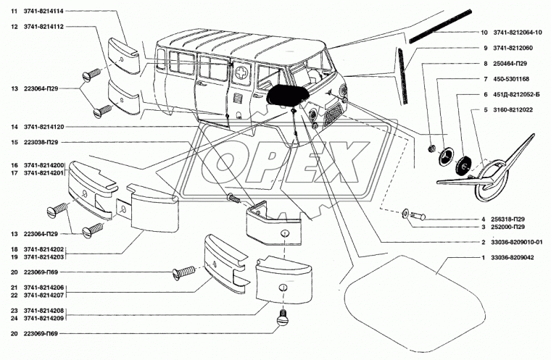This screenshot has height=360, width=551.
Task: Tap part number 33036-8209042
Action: click(x=512, y=259)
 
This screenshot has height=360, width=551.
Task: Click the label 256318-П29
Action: click(x=510, y=219)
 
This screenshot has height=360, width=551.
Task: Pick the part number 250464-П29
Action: click(x=510, y=64)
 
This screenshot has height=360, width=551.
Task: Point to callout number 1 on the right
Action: click(x=484, y=259)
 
